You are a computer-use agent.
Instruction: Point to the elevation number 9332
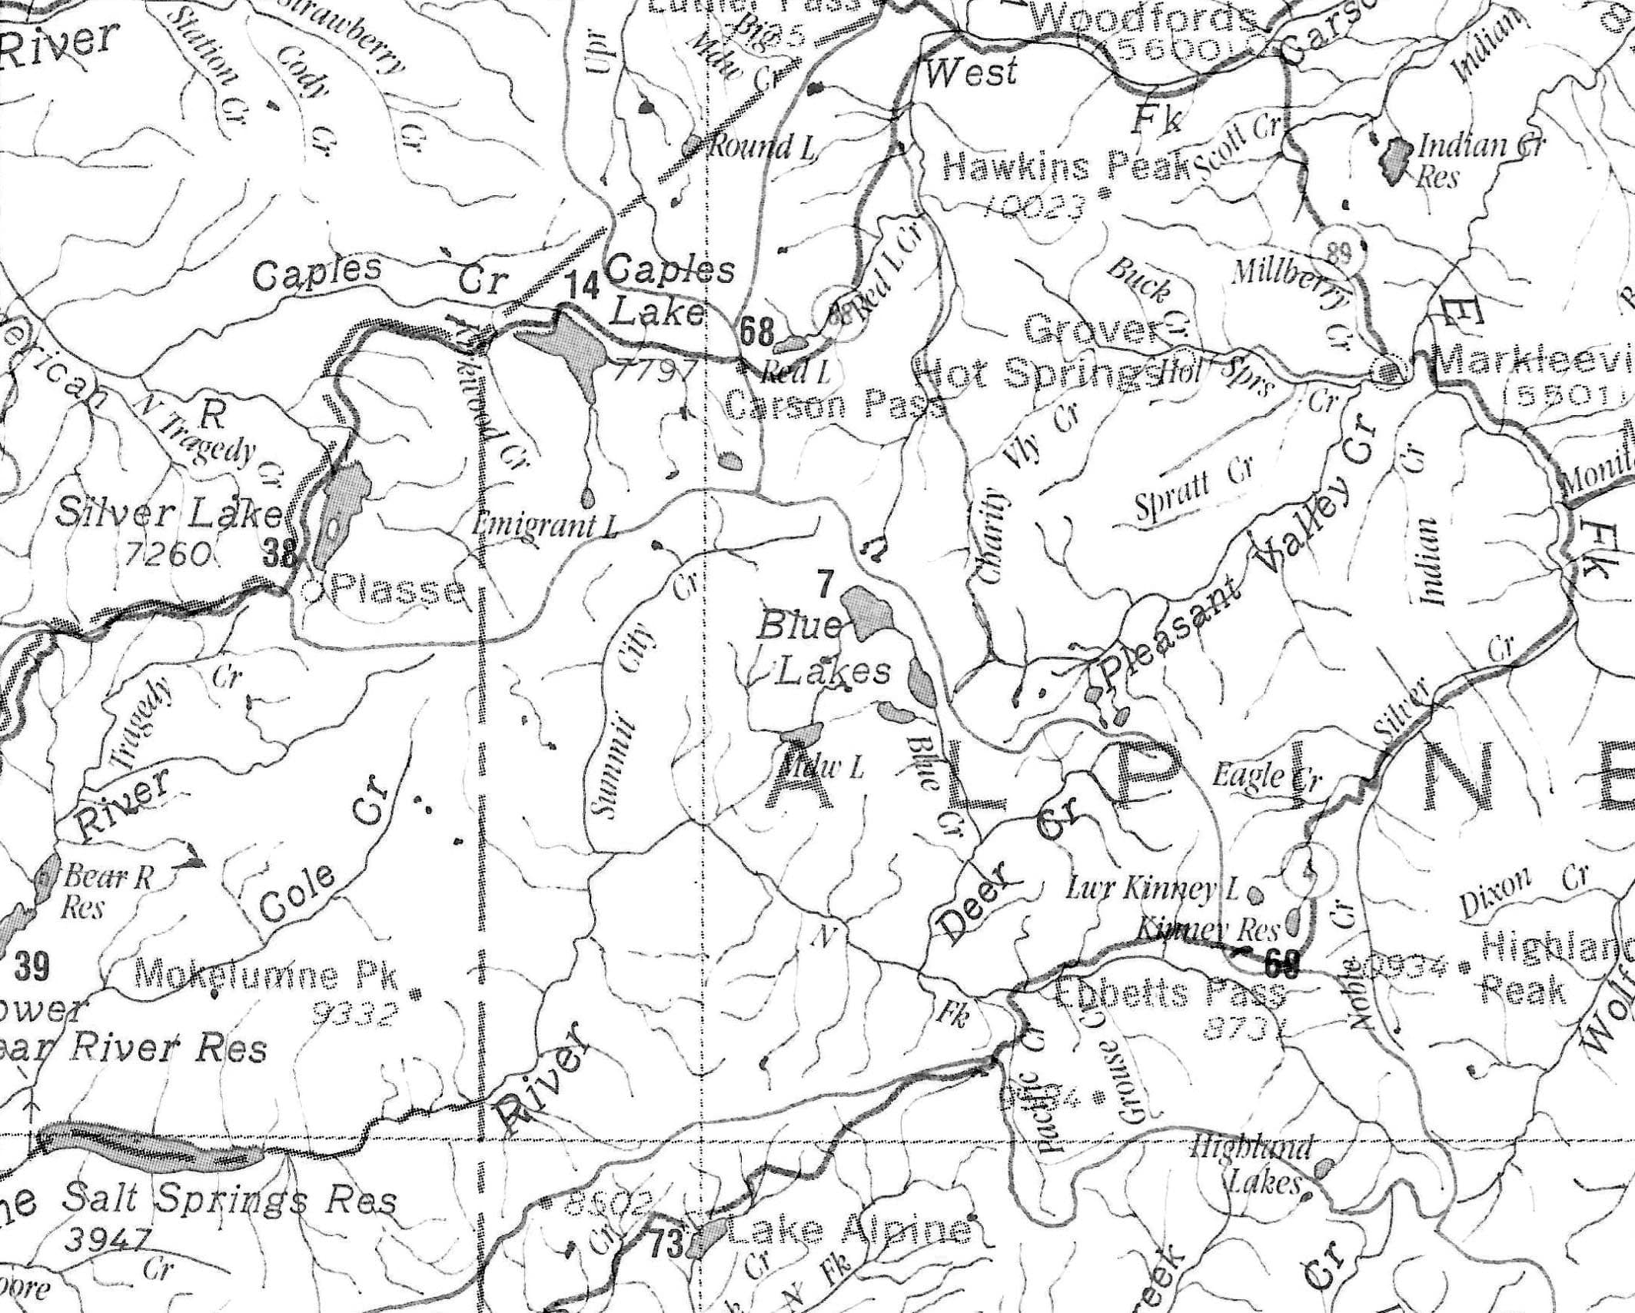[x=355, y=1016]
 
